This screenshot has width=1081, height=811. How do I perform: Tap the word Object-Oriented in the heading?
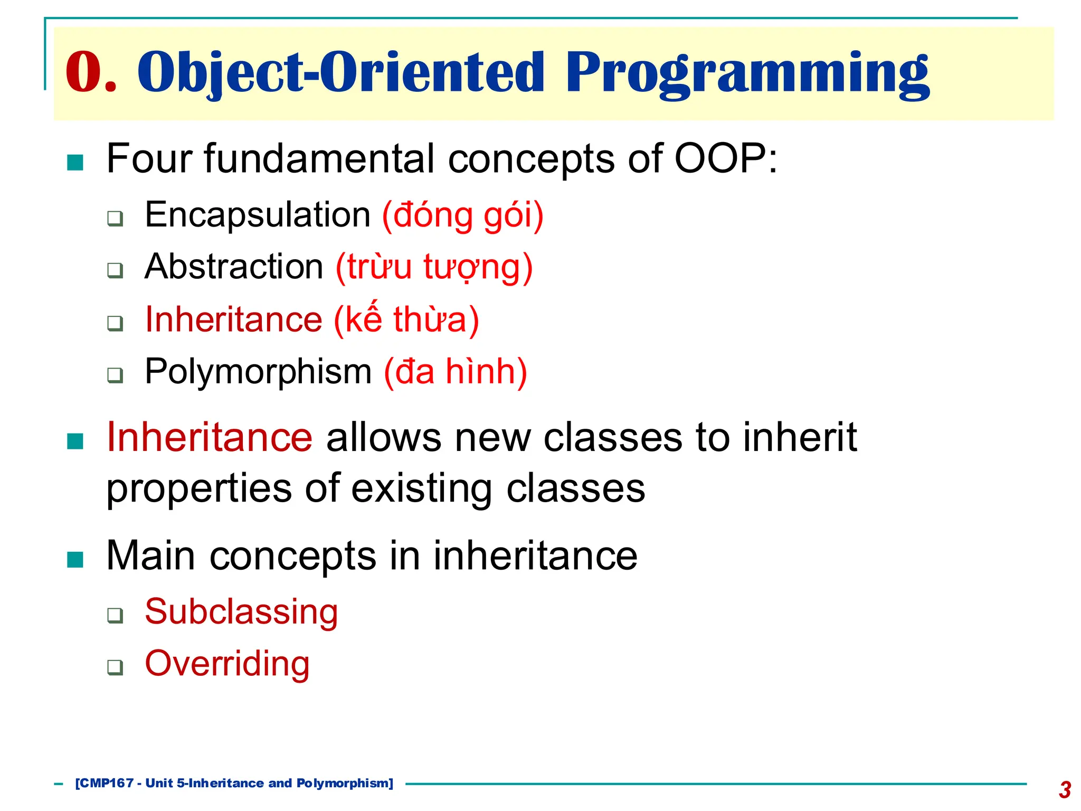pos(340,73)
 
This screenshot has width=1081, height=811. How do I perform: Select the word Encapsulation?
pos(258,215)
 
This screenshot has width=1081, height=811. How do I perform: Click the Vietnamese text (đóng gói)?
pos(462,215)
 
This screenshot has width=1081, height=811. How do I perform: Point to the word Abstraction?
pos(234,267)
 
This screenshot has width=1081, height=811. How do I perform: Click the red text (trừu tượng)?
pos(434,267)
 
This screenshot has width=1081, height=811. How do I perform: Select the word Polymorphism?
pos(258,371)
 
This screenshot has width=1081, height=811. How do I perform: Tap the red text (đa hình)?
pos(456,372)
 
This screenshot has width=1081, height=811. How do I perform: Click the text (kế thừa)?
pos(406,319)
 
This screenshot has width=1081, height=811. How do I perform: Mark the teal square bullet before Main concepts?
pos(75,559)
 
